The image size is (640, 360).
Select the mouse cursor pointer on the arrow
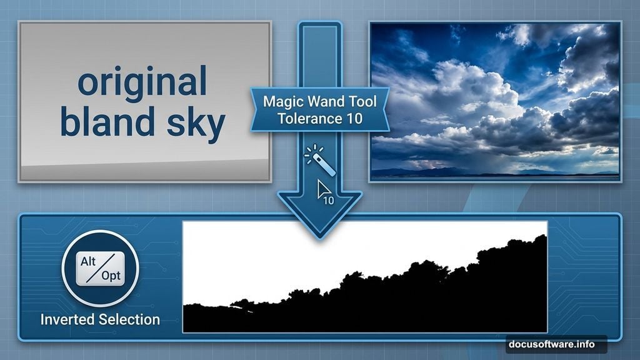(323, 189)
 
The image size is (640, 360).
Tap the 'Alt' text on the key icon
(89, 262)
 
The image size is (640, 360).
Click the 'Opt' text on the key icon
(110, 276)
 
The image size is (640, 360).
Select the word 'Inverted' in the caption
(68, 319)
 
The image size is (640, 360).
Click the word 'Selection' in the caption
(129, 319)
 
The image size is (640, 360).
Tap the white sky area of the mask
(312, 250)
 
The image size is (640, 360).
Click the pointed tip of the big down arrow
(319, 236)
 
